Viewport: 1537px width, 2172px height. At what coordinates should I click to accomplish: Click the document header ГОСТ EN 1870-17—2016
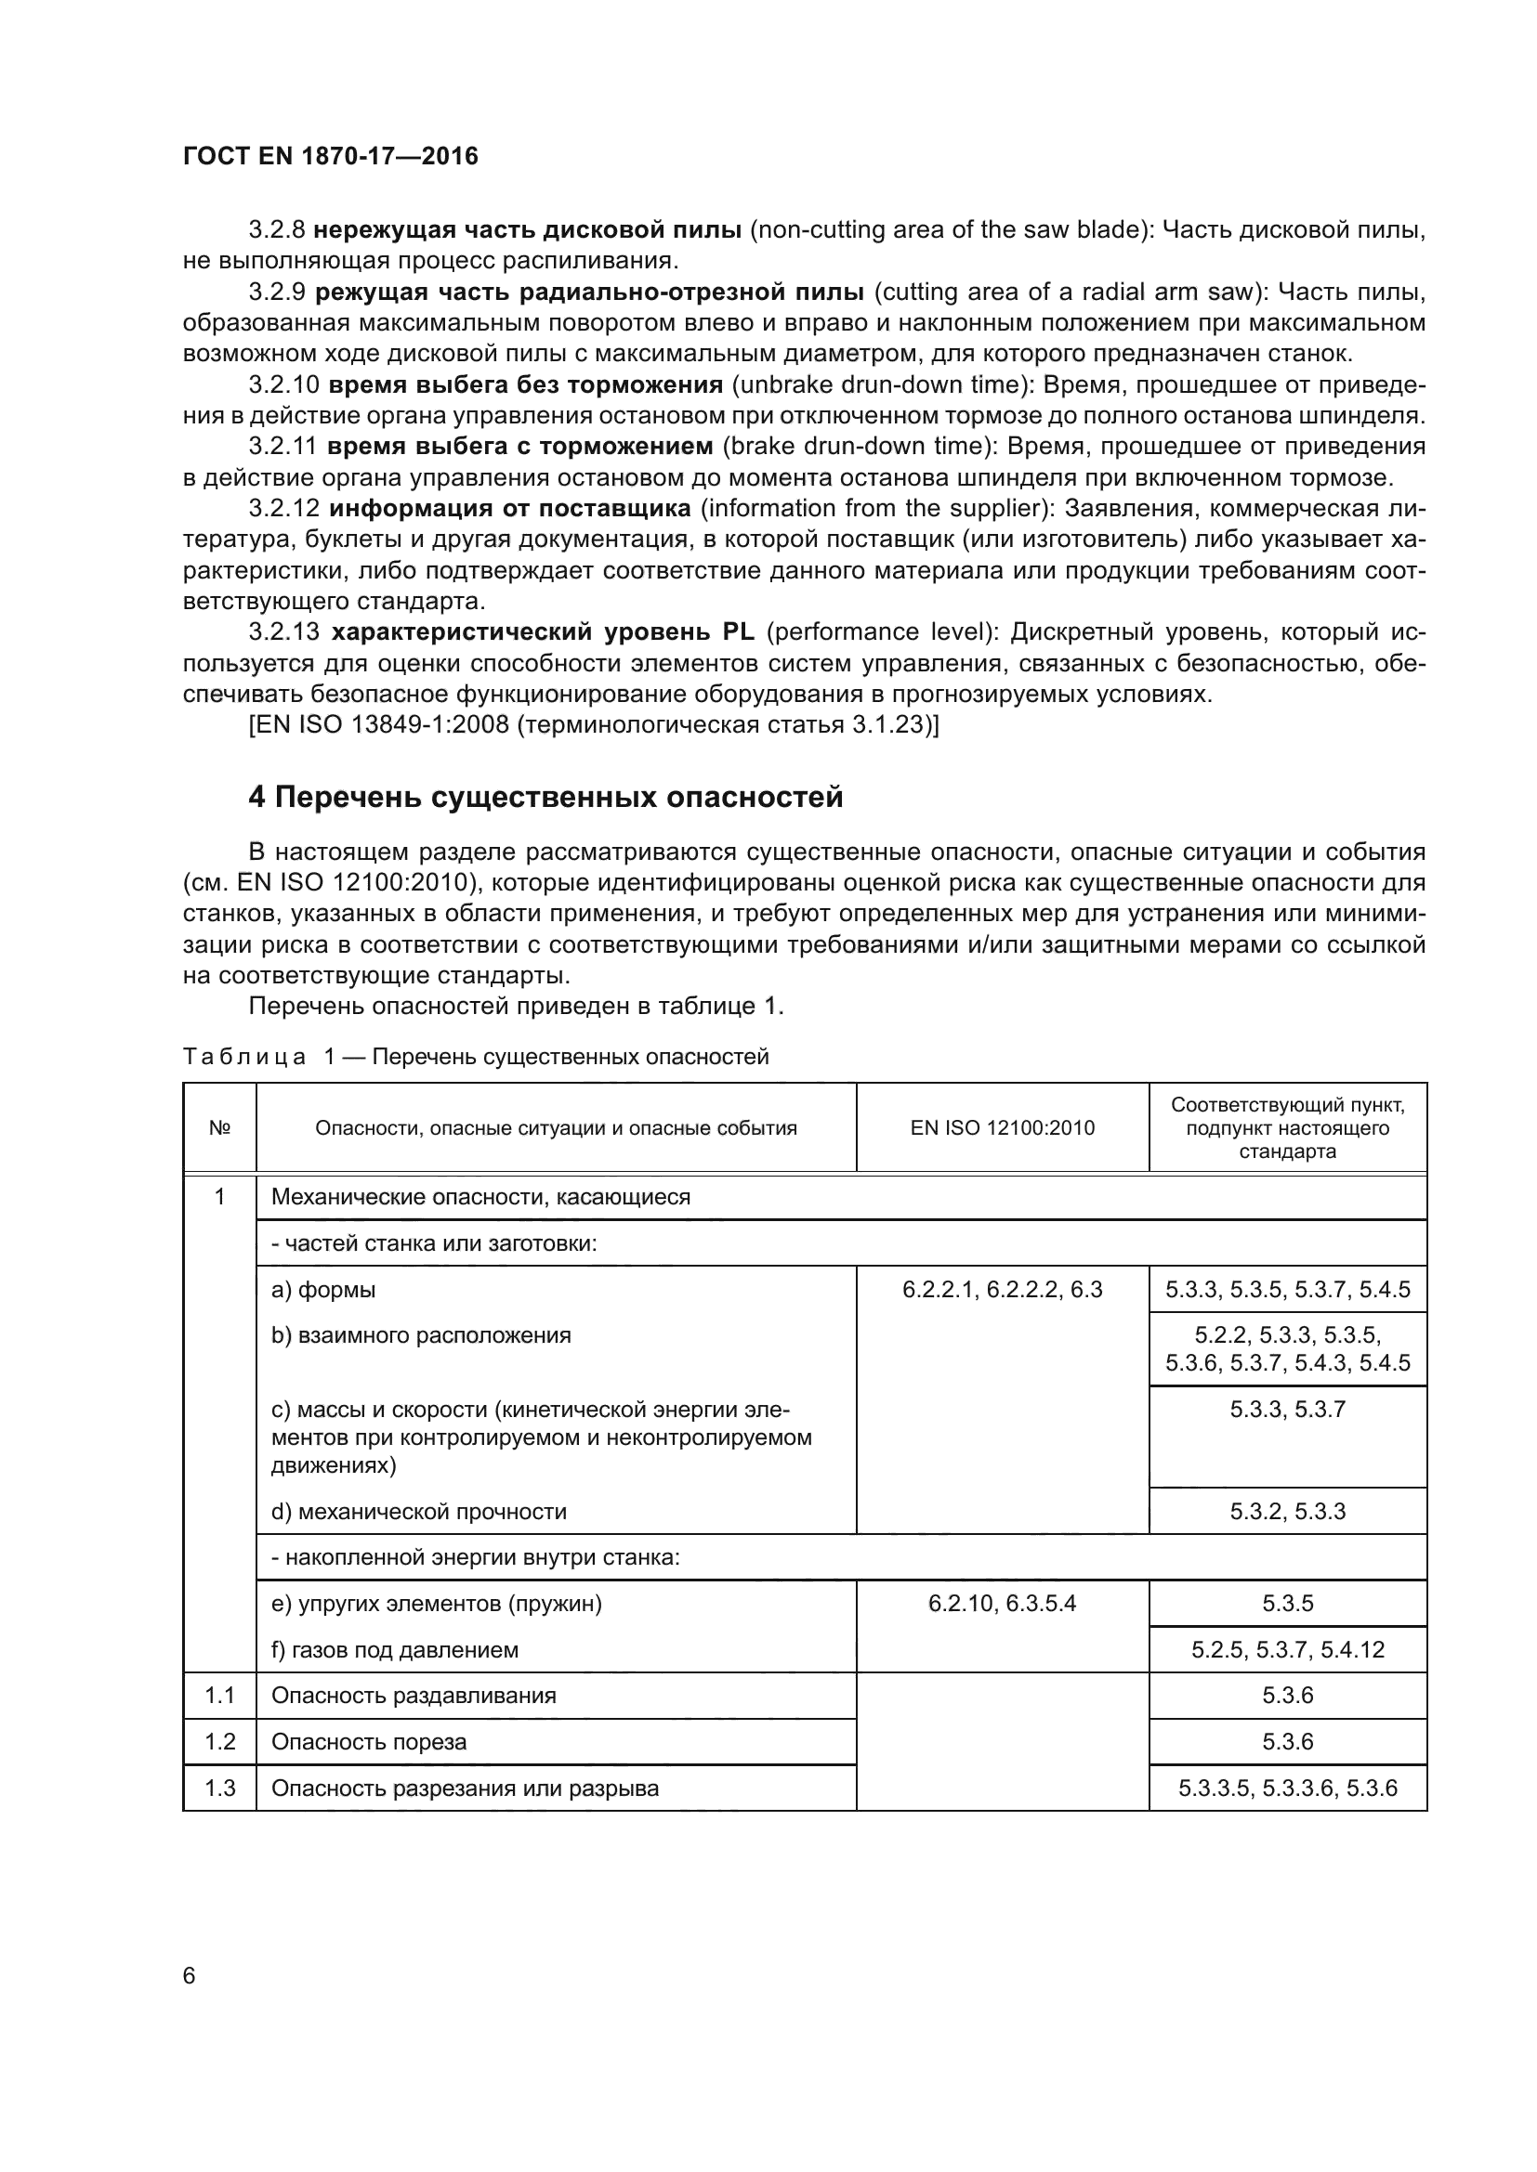[330, 156]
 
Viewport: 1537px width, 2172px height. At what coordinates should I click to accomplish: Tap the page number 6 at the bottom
[190, 1976]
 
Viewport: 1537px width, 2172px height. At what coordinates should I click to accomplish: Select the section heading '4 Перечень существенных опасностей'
[545, 798]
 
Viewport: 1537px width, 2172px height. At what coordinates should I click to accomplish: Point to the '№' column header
[219, 1127]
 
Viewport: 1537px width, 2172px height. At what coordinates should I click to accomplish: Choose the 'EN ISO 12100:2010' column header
[1003, 1127]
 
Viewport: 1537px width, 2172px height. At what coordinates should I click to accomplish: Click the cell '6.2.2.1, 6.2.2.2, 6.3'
[1003, 1290]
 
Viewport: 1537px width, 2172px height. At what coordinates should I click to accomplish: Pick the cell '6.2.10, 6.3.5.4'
[1003, 1604]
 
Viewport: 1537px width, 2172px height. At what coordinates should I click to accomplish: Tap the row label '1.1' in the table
[219, 1696]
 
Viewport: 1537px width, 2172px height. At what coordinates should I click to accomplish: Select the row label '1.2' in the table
[219, 1741]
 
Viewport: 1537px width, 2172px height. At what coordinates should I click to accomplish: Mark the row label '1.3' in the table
[219, 1788]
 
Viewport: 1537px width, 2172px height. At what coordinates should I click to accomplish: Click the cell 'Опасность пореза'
[369, 1741]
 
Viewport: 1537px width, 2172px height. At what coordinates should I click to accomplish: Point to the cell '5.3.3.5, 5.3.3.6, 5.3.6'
[1287, 1788]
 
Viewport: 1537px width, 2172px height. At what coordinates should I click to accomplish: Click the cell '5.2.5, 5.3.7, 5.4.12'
[1287, 1650]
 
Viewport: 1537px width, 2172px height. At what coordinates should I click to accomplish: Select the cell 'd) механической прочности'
[418, 1512]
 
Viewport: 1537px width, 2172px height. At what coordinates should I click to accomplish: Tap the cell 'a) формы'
[323, 1290]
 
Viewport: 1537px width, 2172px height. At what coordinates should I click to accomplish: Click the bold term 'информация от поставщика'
[510, 509]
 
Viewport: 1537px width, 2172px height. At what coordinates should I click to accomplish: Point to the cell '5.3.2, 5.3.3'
[1287, 1512]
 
